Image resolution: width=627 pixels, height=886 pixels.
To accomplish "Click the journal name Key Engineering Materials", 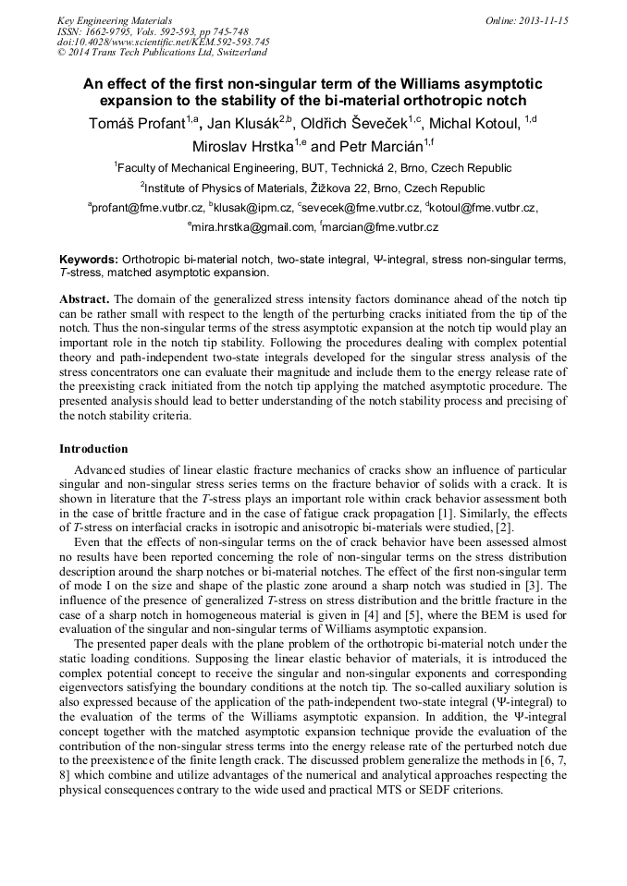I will coord(114,20).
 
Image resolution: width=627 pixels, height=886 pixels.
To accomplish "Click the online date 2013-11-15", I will coord(526,20).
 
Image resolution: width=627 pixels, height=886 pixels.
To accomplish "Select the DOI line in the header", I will coord(164,42).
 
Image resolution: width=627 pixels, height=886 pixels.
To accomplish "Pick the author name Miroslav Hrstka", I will coord(242,146).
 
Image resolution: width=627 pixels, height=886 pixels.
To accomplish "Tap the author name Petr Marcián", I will coord(373,146).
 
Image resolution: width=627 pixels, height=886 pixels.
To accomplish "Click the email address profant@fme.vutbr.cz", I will coord(147,209).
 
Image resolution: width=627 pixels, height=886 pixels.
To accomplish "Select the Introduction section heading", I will coord(93,449).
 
